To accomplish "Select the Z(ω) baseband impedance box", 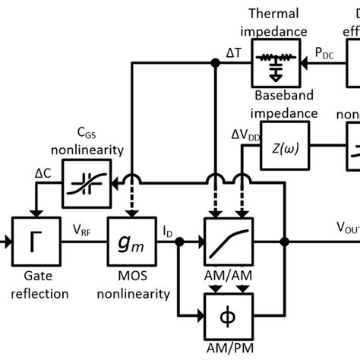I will point(276,147).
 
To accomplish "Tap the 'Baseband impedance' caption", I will point(275,107).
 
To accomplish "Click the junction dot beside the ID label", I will point(179,242).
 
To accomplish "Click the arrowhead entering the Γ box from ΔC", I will point(32,216).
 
